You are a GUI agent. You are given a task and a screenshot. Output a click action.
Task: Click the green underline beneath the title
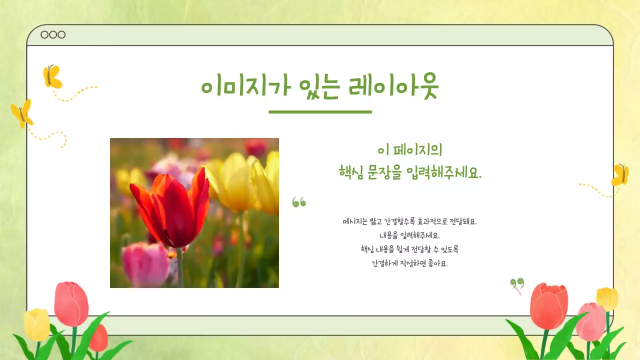tap(320, 111)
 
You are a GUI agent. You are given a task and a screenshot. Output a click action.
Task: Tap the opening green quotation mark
tap(299, 202)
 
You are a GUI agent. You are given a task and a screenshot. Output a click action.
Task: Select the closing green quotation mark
tap(517, 284)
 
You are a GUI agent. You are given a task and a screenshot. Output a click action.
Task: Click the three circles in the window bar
tap(53, 34)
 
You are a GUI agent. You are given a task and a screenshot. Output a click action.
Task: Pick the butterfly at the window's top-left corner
tap(52, 76)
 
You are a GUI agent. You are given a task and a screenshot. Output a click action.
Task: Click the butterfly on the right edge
tap(620, 175)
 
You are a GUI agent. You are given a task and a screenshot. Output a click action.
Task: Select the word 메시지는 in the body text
tap(355, 221)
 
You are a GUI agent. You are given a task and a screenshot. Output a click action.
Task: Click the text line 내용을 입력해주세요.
tap(409, 235)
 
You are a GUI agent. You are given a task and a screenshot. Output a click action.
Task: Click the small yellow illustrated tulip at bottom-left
tap(36, 325)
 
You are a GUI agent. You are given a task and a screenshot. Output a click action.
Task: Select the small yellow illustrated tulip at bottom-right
tap(607, 298)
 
